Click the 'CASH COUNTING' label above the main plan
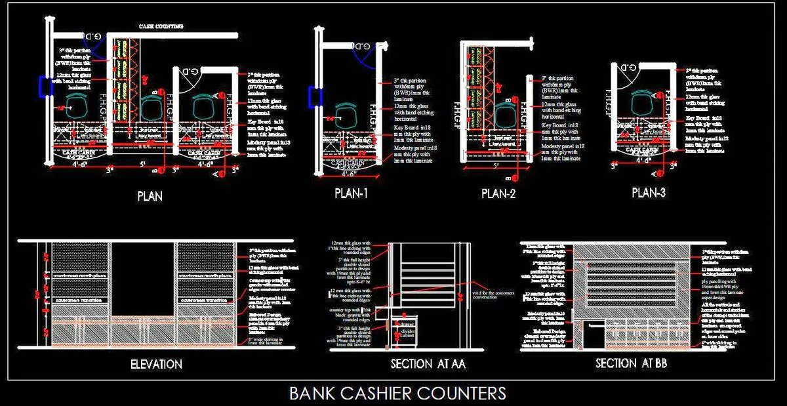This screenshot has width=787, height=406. [161, 26]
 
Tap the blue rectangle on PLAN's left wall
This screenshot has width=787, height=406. [45, 86]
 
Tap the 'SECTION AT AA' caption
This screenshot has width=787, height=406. [429, 364]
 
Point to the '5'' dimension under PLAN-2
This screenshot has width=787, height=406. [493, 167]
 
